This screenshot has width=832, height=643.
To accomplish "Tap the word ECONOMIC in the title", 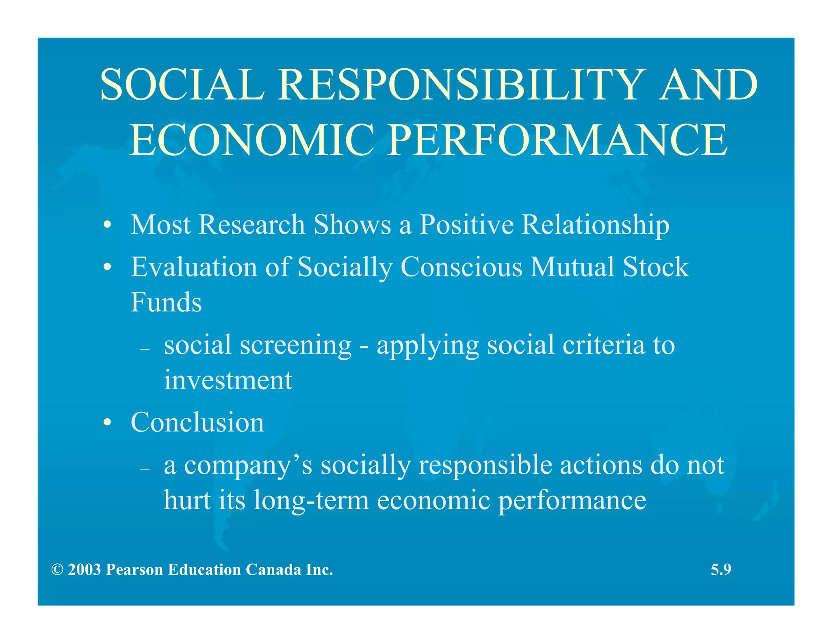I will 251,140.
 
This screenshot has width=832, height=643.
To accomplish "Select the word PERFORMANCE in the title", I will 557,140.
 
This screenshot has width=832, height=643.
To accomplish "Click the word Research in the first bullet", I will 251,225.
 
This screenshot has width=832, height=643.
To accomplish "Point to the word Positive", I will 467,225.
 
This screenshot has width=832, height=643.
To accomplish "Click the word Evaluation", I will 194,267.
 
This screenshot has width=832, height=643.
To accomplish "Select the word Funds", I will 166,302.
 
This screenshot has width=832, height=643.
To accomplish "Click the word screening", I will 295,345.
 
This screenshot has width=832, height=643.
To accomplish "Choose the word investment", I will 228,380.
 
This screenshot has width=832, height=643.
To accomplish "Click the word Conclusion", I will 197,422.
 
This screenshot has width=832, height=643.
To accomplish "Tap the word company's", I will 248,466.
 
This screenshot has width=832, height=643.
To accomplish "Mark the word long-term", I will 311,501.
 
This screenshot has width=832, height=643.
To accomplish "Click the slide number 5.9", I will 721,570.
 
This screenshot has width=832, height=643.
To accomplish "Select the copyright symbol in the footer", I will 57,570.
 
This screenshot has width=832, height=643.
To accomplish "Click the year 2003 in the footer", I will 84,570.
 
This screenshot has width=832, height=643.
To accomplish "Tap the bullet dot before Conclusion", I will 107,423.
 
